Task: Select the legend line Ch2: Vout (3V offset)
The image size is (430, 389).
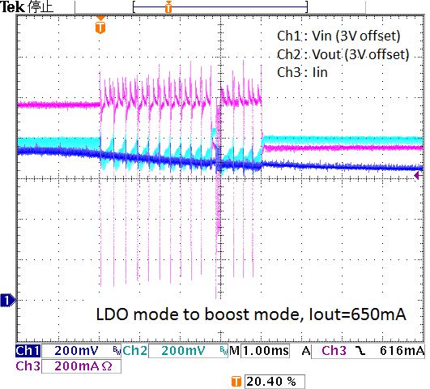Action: tap(342, 54)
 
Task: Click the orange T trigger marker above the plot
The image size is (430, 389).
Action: tap(100, 28)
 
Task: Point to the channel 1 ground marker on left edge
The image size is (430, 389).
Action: tap(7, 301)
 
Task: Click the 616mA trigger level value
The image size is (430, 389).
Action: tap(402, 351)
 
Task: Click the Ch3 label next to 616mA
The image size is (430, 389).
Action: tap(335, 351)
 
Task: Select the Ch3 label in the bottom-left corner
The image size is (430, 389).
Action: tap(27, 365)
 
